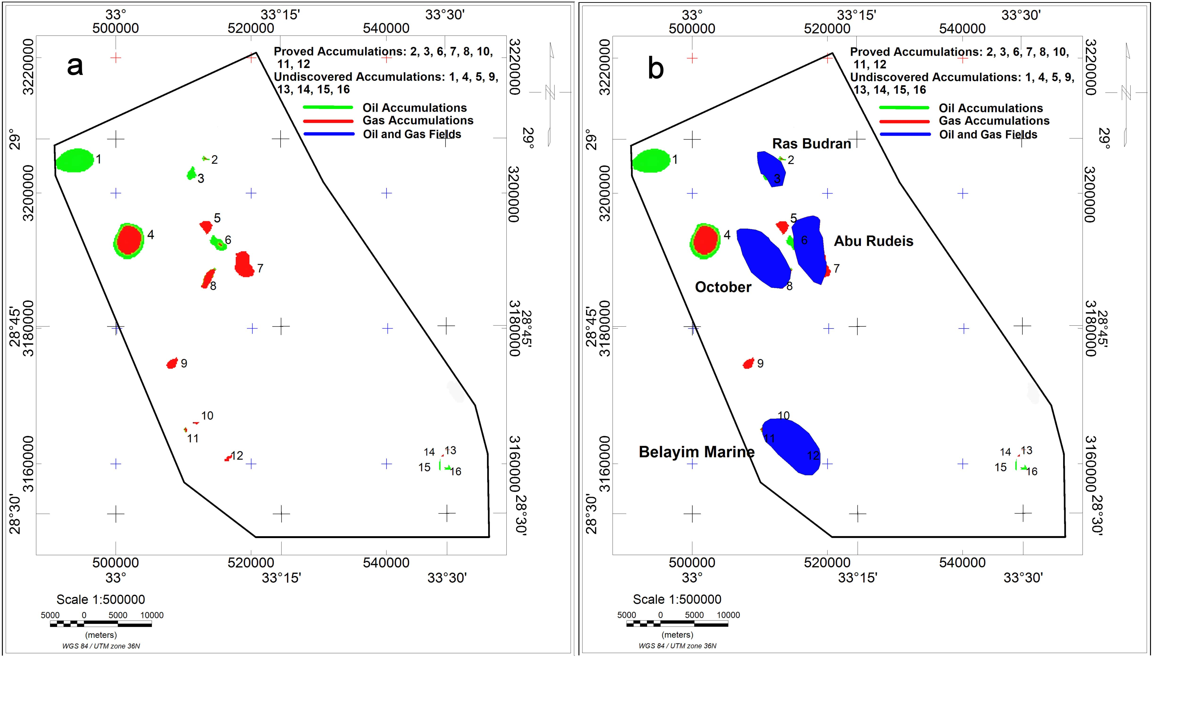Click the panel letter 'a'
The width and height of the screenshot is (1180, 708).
pos(75,66)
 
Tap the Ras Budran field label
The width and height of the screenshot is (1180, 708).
pos(811,143)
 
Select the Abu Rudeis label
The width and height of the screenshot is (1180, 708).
pos(873,241)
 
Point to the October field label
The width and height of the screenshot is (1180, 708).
pos(723,287)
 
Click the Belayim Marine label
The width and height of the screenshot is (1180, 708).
pos(696,452)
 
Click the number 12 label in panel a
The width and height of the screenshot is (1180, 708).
pos(237,456)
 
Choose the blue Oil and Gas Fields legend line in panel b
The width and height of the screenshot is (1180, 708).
pos(905,135)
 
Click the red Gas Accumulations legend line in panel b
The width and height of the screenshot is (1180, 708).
pos(905,121)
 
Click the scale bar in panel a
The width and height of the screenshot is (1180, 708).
pos(101,624)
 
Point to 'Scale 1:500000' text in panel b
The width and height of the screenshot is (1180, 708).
pos(677,599)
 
